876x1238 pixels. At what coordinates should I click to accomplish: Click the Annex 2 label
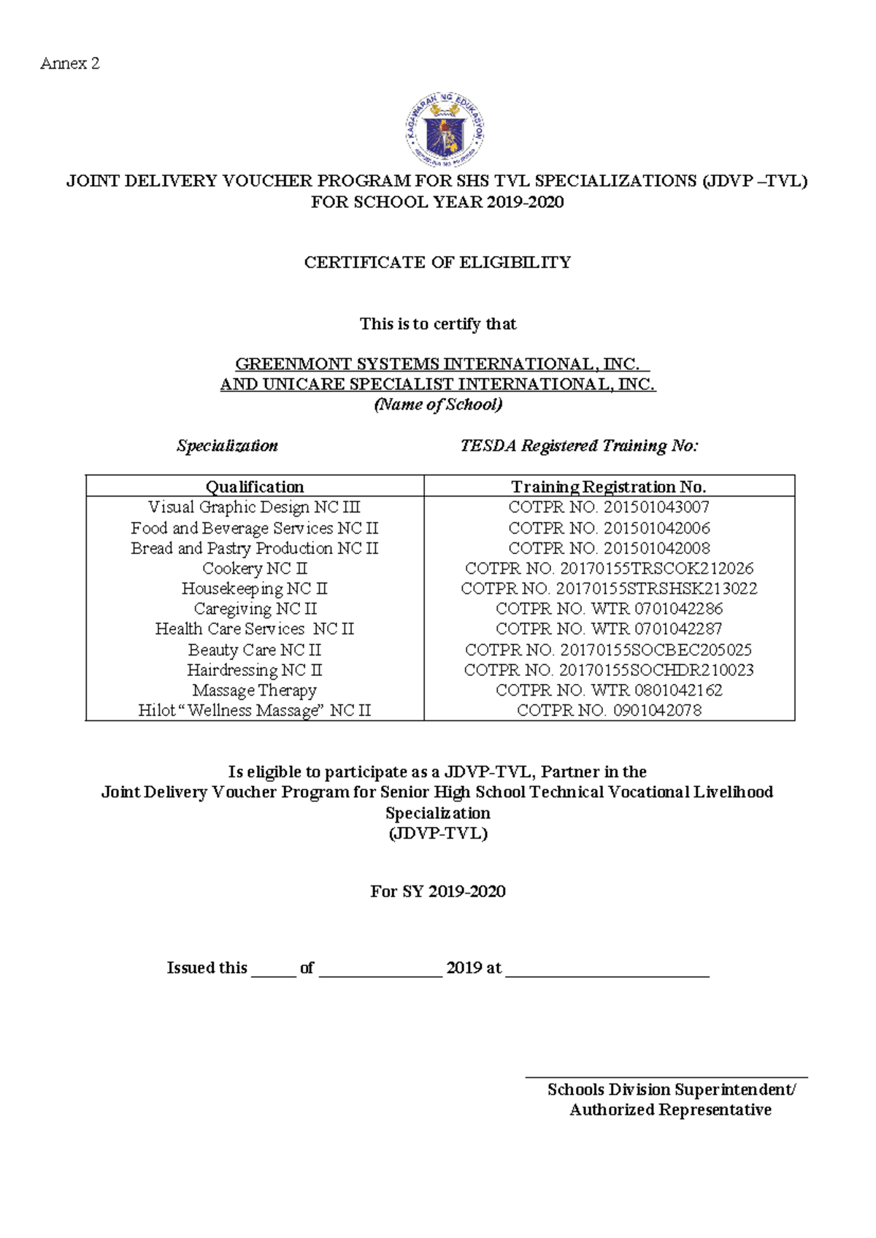click(x=69, y=64)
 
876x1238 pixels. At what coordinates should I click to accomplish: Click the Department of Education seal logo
click(x=445, y=131)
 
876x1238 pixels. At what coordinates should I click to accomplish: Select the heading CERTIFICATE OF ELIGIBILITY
click(x=437, y=262)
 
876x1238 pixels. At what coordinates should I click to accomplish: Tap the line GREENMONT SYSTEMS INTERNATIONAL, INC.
click(x=437, y=364)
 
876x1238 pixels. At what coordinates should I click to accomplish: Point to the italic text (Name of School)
click(x=438, y=404)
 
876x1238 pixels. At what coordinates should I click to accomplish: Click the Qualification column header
click(x=254, y=486)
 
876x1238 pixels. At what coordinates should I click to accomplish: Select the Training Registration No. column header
click(x=608, y=486)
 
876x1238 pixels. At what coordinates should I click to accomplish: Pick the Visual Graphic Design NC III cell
click(x=254, y=507)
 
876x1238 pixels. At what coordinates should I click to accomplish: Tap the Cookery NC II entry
click(x=254, y=568)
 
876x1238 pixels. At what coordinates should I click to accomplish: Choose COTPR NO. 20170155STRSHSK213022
click(x=608, y=588)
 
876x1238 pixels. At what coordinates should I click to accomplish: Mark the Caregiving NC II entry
click(x=254, y=608)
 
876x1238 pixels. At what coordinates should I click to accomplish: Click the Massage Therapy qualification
click(x=254, y=690)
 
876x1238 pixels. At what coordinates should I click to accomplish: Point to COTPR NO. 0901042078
click(x=608, y=710)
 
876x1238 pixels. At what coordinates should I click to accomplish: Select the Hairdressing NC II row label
click(x=254, y=669)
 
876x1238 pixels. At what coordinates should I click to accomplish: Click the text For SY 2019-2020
click(x=437, y=891)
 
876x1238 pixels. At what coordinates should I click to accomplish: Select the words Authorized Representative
click(x=670, y=1110)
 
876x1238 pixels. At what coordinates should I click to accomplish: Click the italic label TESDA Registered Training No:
click(x=579, y=445)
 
